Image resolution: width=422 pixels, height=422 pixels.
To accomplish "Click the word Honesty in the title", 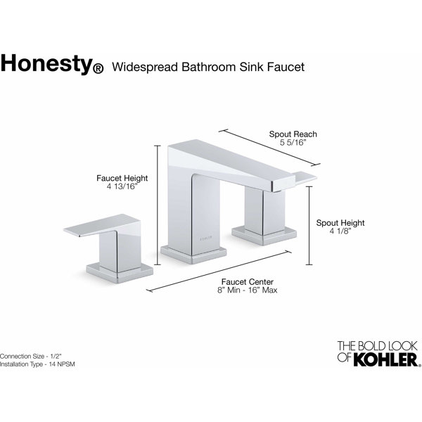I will point(46,65).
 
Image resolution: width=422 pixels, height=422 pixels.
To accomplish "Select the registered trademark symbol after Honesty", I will point(98,69).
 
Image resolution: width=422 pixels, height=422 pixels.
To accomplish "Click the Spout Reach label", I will point(293,134).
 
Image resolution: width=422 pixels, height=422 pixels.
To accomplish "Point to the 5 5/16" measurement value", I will point(293,143).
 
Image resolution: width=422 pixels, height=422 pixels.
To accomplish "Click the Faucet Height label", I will point(122,179).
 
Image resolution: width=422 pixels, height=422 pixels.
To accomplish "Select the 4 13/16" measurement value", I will point(122,188).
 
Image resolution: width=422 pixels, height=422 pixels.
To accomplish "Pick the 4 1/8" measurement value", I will point(339,231).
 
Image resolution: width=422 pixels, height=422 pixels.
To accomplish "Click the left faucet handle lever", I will point(98,229).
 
